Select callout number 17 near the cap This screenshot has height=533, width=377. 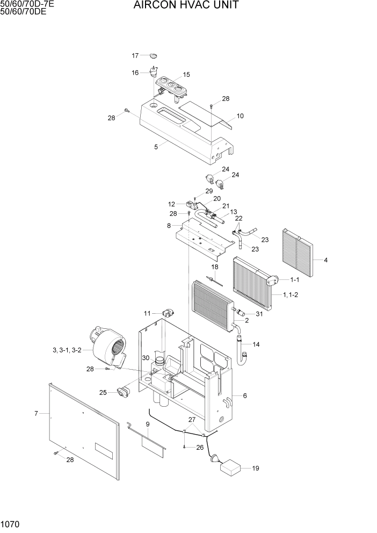[135, 55]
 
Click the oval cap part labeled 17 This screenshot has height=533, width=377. [154, 55]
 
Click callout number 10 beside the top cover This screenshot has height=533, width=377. [240, 116]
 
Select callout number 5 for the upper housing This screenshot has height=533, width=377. [156, 147]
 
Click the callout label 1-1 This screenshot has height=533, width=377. [294, 280]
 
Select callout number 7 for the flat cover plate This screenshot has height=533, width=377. [36, 413]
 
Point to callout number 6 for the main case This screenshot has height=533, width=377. [245, 396]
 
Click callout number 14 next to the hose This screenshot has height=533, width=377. [256, 344]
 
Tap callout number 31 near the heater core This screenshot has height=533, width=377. [259, 314]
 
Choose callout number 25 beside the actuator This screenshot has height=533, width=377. [103, 392]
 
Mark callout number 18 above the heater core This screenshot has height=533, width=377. [214, 266]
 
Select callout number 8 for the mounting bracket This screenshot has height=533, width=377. [169, 226]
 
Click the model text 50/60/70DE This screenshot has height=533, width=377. [23, 12]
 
